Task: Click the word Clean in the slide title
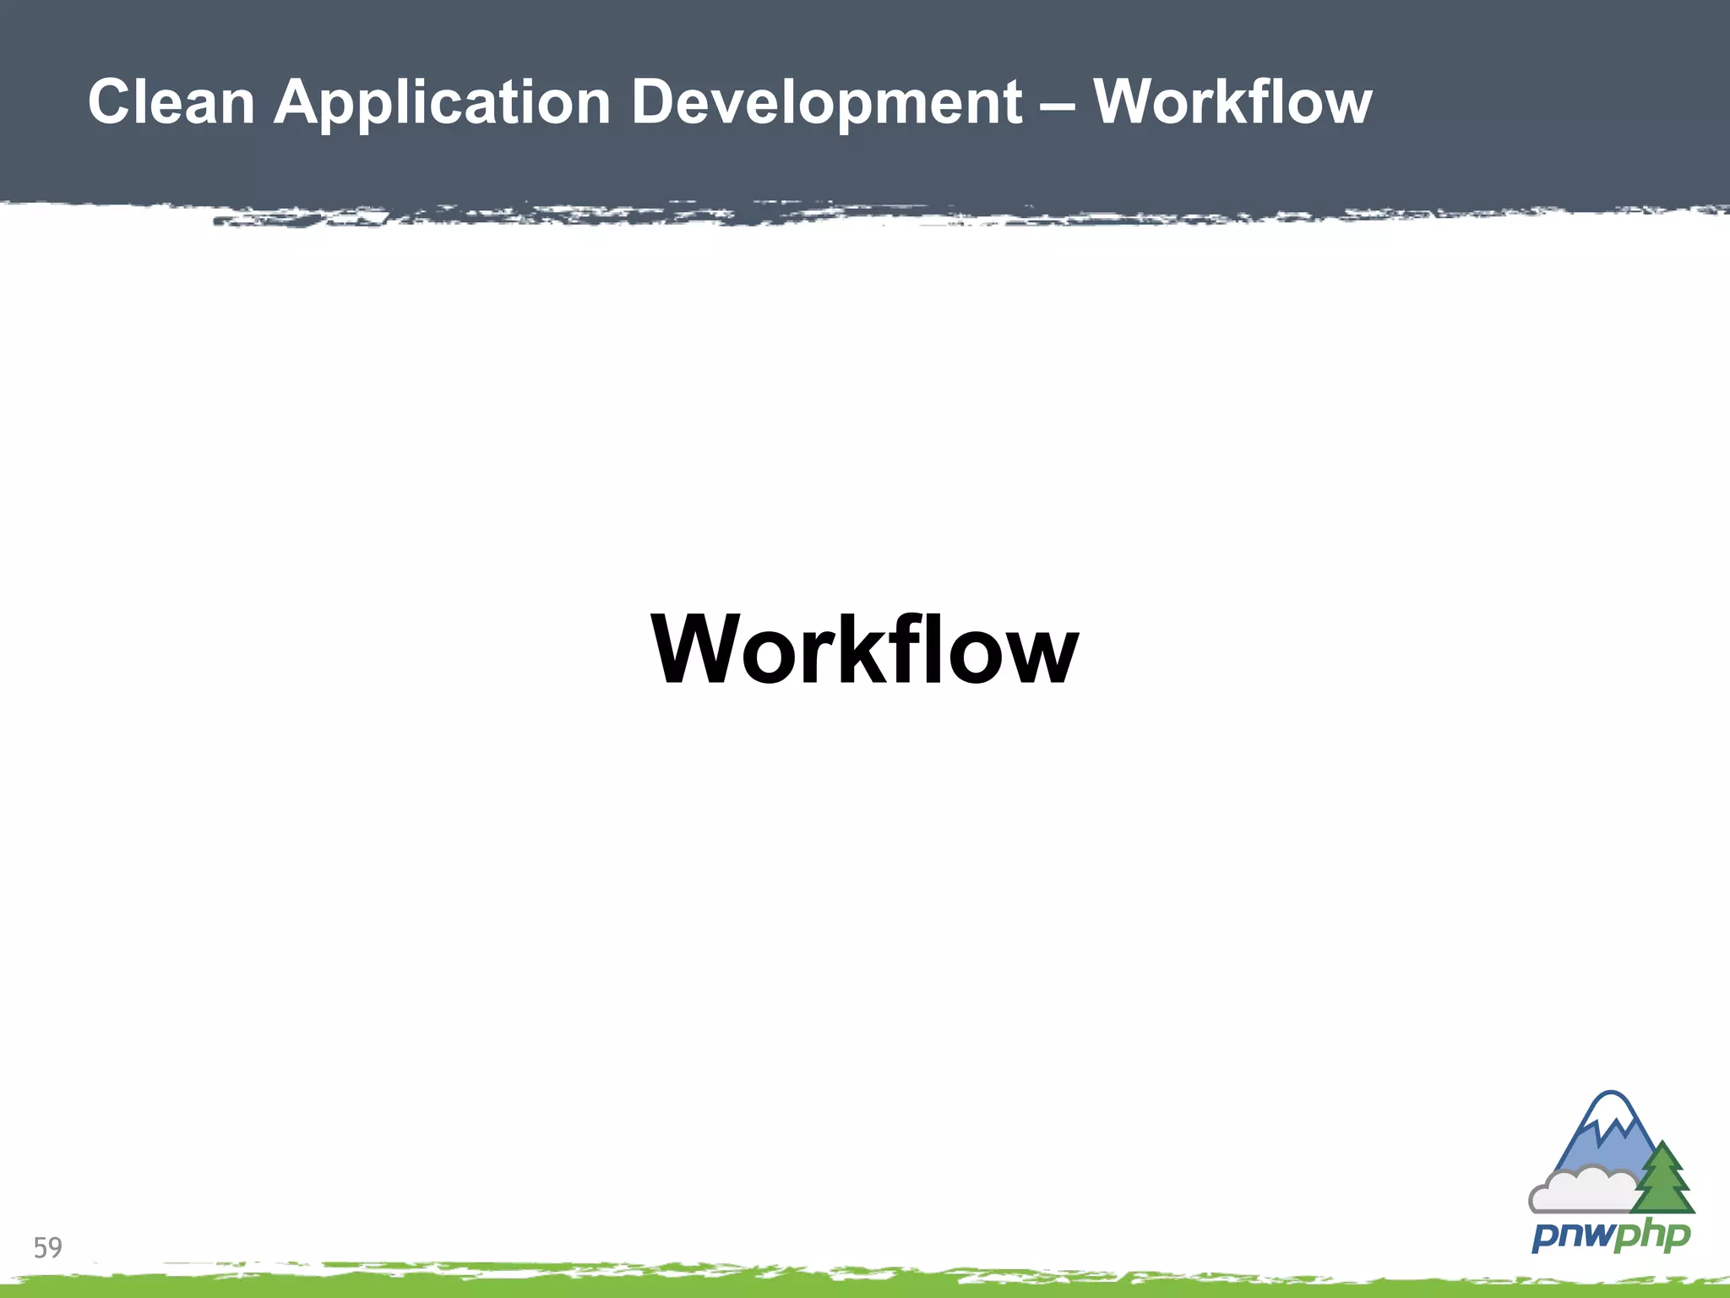(171, 102)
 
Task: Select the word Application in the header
(442, 102)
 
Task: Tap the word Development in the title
(827, 102)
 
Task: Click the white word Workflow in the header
(1232, 102)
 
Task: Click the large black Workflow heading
(864, 649)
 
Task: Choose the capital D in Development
(655, 102)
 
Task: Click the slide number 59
(48, 1247)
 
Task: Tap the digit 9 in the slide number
(55, 1247)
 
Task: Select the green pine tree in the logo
(1663, 1180)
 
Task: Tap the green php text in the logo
(1651, 1237)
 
